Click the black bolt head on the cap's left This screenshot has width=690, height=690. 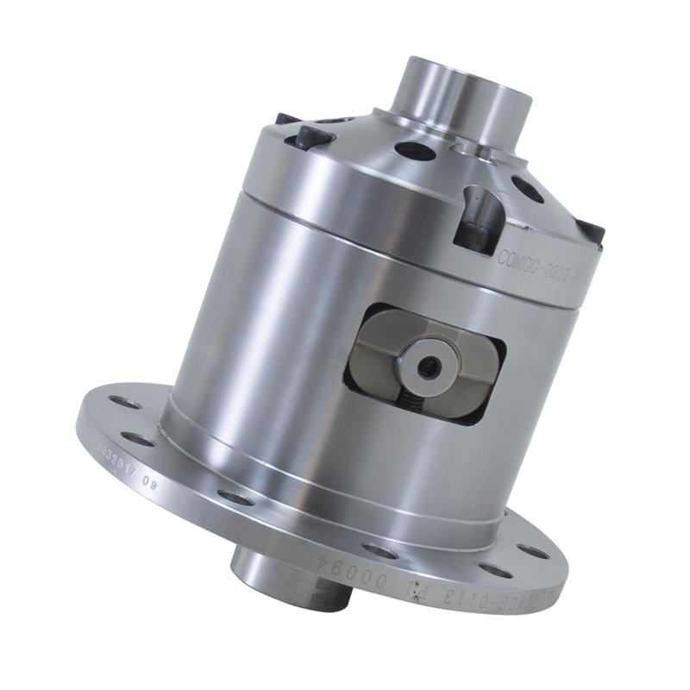coord(309,136)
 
